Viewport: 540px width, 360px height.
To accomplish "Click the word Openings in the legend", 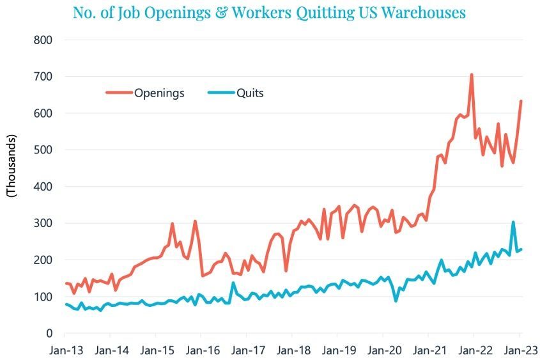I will click(x=159, y=93).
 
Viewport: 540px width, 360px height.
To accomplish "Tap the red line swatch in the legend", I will click(x=119, y=93).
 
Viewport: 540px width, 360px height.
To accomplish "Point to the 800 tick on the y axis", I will click(x=43, y=40).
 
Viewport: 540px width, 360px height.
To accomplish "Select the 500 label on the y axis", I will click(x=43, y=150).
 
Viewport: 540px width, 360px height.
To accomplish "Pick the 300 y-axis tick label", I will click(x=43, y=223).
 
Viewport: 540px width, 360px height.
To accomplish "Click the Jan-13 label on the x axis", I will click(x=65, y=350).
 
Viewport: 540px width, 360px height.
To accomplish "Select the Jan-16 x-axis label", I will click(x=201, y=350).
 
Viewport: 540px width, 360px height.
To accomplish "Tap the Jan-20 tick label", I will click(x=383, y=350).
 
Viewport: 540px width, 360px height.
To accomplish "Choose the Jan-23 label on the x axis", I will click(x=519, y=350).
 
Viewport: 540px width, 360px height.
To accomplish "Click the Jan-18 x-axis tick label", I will click(x=292, y=350).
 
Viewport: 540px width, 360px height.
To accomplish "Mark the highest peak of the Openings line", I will click(x=472, y=74).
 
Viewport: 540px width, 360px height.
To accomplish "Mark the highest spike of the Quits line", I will click(x=513, y=223).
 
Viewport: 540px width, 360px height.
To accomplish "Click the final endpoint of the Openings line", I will click(x=521, y=101).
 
